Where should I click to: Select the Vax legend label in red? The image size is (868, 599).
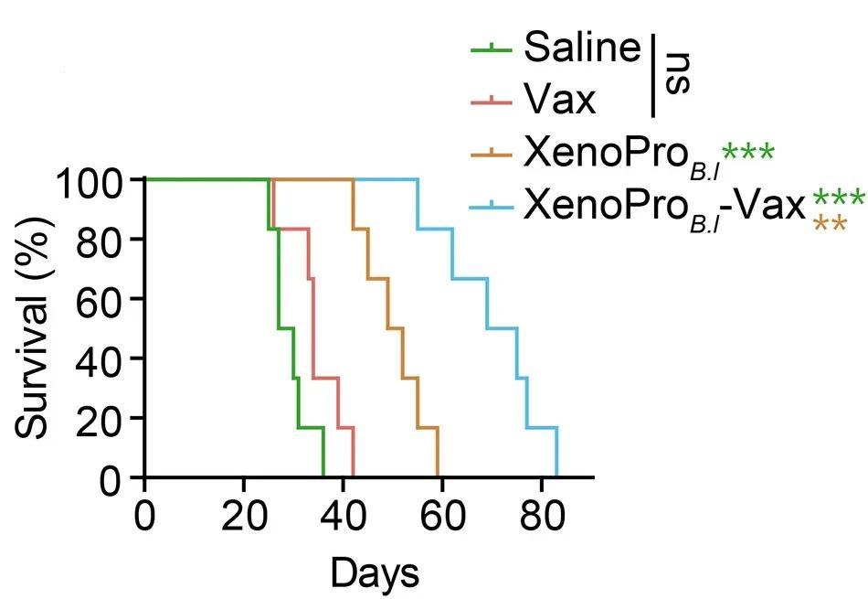tap(560, 99)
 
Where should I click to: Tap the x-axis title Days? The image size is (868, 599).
tap(375, 573)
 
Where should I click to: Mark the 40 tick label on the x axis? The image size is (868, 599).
tap(343, 515)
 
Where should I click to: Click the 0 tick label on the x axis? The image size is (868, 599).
tap(145, 515)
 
